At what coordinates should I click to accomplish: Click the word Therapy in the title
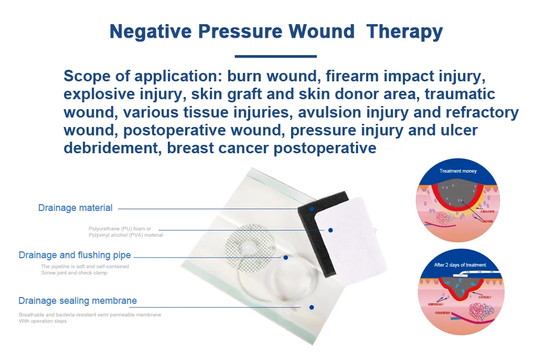(x=404, y=31)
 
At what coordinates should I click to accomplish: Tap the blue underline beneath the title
(x=275, y=56)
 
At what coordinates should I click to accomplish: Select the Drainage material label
(x=75, y=208)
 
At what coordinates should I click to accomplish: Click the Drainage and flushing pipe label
(x=74, y=255)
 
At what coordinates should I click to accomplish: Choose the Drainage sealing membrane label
(x=78, y=301)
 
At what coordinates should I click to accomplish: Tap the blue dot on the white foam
(x=330, y=230)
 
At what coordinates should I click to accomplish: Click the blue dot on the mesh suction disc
(x=285, y=257)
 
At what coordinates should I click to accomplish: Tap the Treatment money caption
(x=458, y=171)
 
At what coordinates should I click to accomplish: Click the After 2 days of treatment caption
(x=459, y=265)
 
